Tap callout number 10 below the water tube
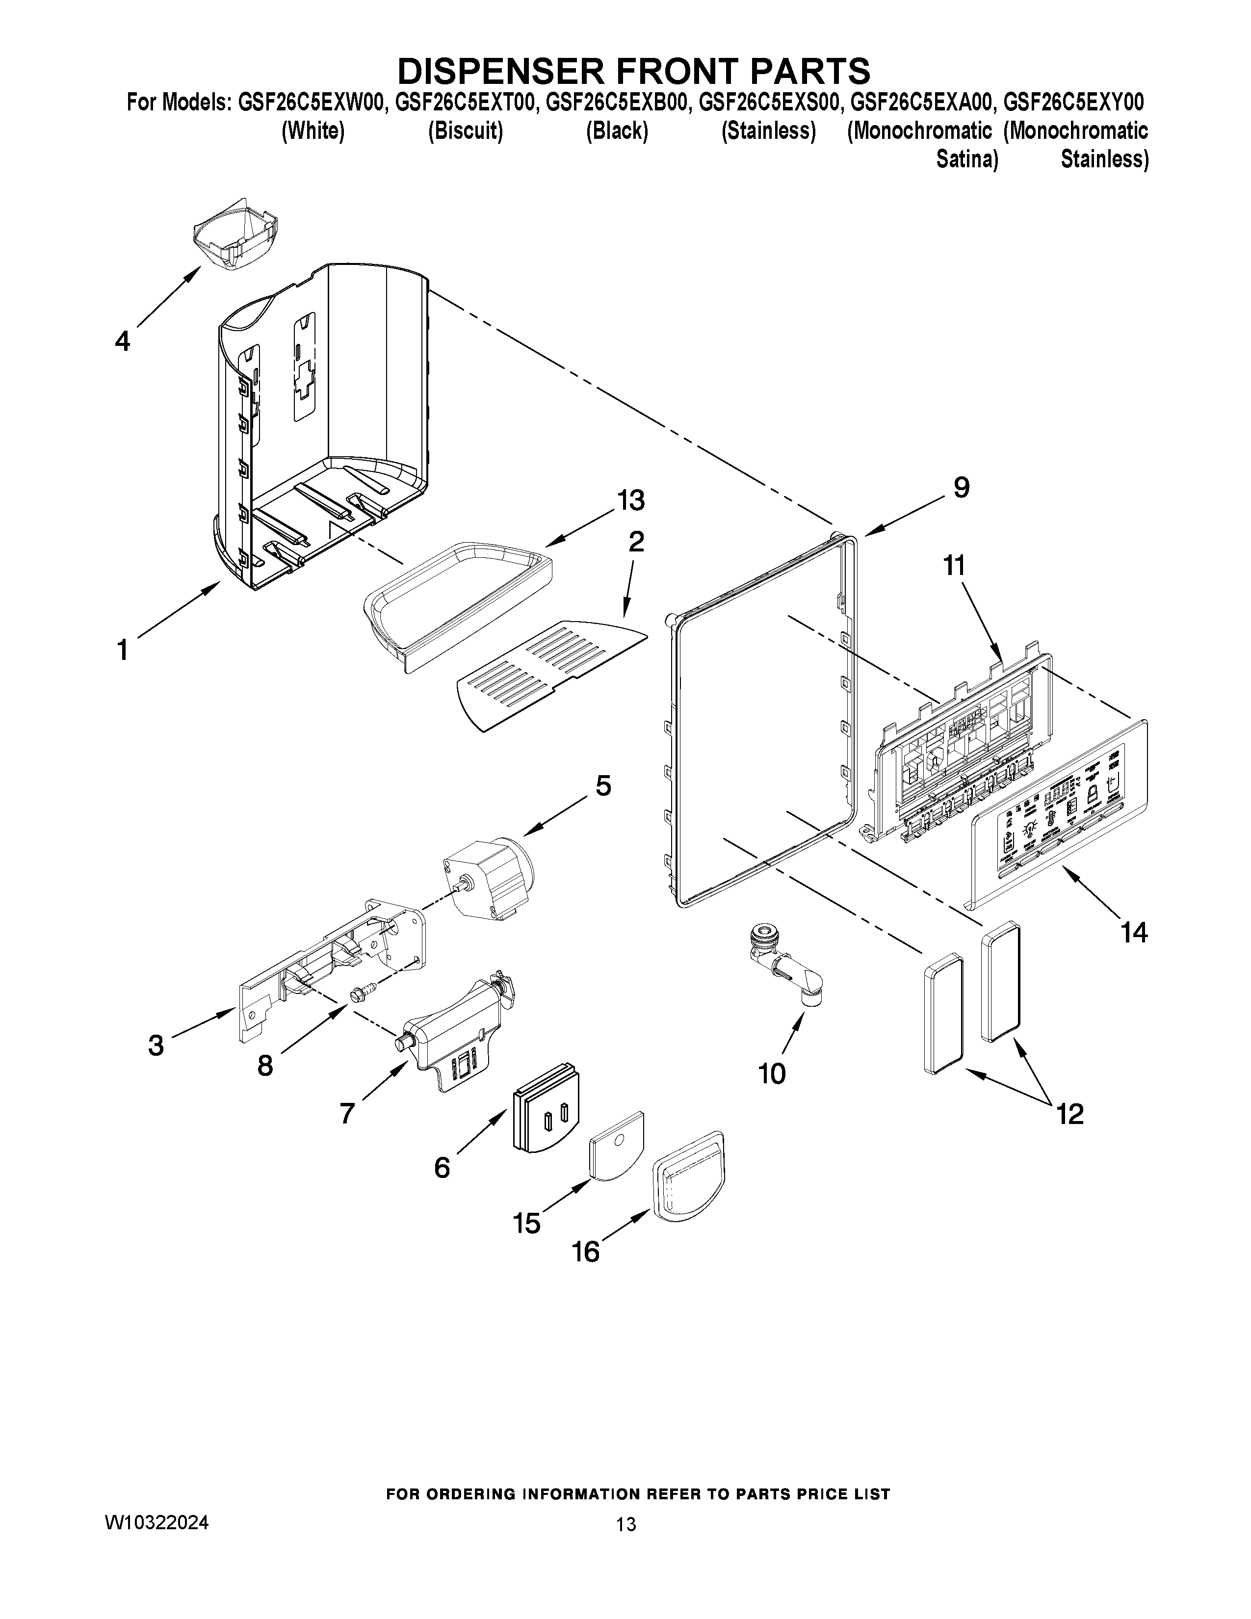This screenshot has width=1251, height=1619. (x=772, y=1072)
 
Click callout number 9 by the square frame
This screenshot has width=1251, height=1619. (x=961, y=487)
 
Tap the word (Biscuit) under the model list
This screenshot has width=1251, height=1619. (x=466, y=131)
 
